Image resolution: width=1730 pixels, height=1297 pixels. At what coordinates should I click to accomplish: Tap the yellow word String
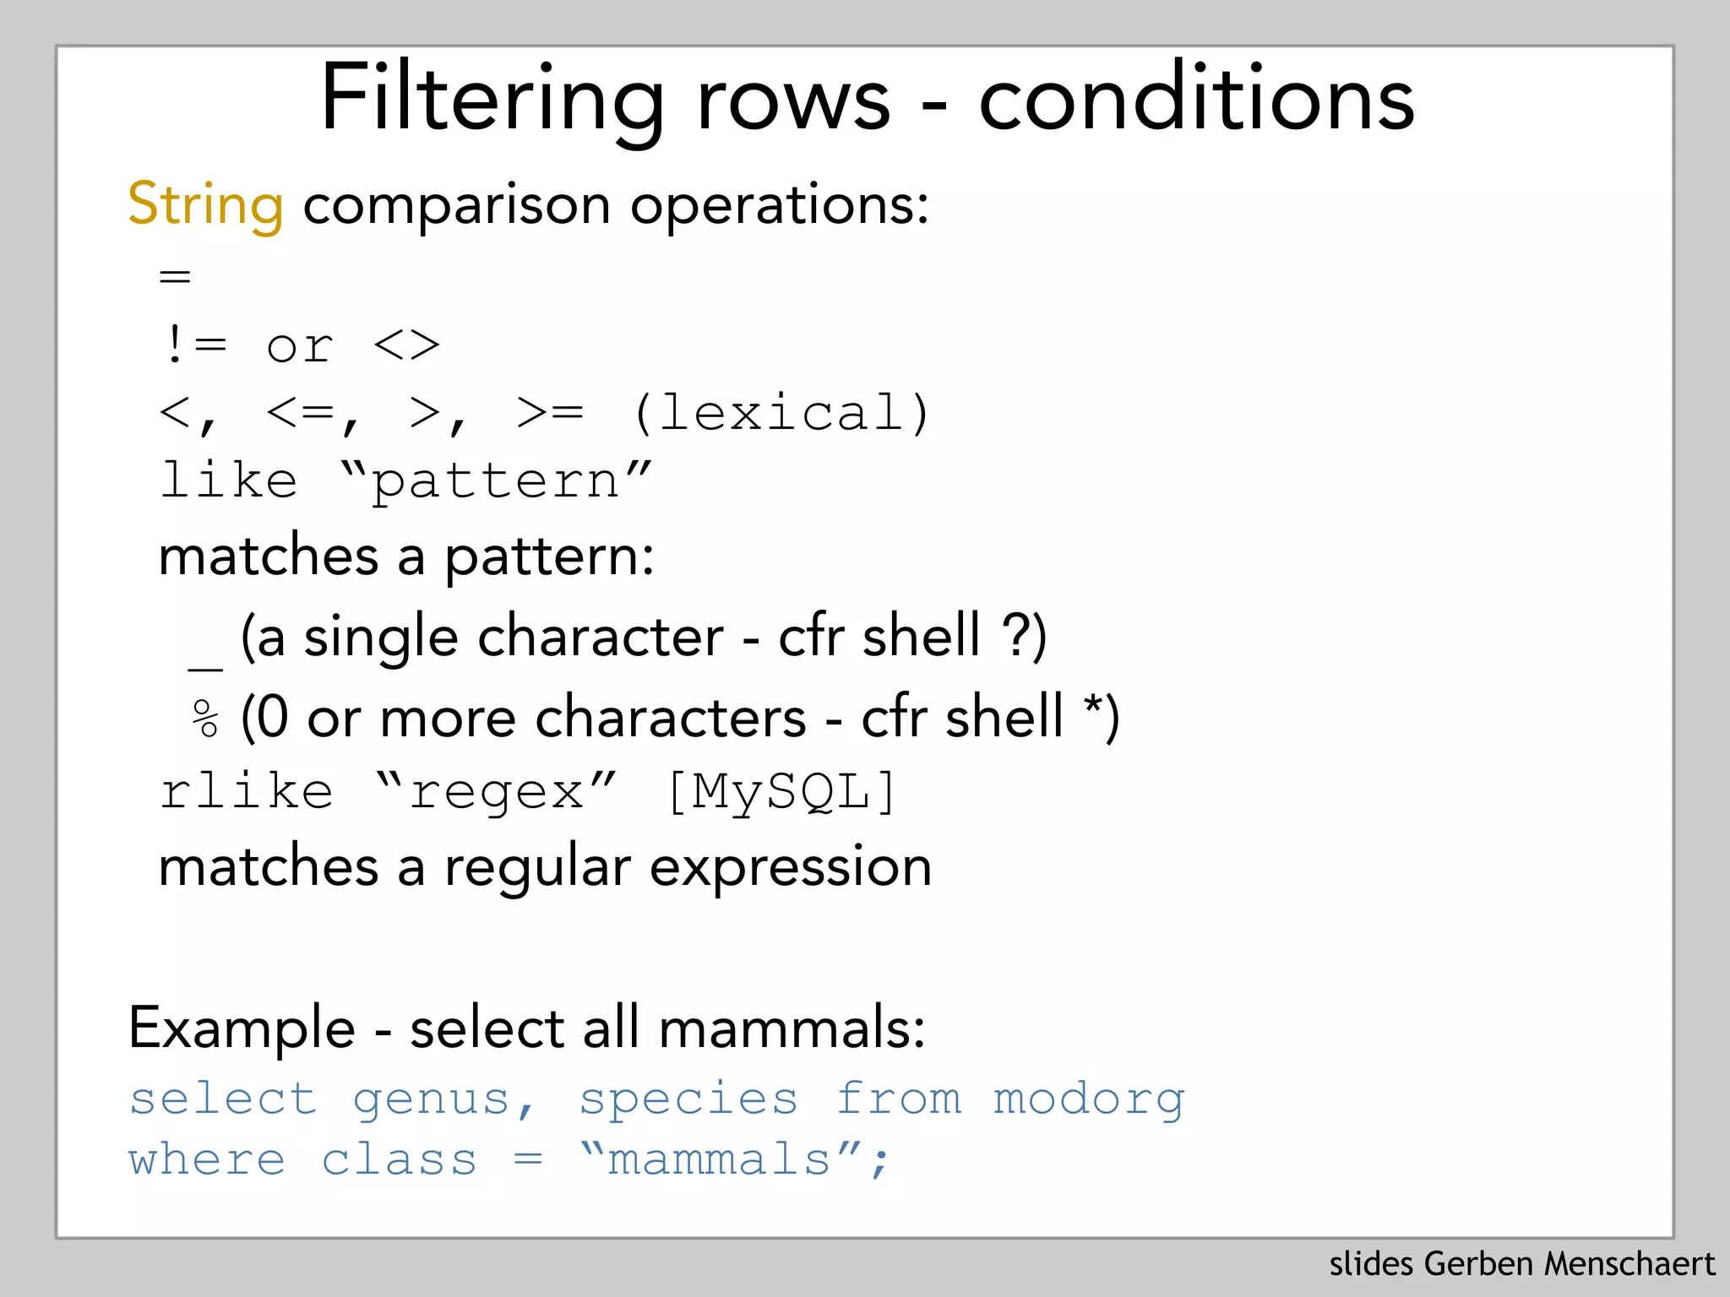205,205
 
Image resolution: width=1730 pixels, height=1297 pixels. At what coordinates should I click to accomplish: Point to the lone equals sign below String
176,276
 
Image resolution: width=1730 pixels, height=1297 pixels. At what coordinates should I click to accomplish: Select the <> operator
406,345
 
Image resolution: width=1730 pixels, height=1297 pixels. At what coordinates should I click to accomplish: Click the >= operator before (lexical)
550,413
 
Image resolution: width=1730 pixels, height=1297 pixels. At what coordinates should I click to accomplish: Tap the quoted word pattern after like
496,482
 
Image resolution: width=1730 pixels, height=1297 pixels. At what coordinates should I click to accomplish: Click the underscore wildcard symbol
205,667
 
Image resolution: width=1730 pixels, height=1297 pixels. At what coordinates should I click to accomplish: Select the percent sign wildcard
205,719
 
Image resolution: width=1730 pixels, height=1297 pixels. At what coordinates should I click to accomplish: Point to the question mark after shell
1014,635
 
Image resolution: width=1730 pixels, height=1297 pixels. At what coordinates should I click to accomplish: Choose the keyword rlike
247,792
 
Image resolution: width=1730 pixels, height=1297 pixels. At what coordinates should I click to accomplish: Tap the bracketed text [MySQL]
781,792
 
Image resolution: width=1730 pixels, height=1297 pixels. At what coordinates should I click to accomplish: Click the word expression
791,868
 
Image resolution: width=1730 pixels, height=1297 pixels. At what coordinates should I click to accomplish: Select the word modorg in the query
1089,1099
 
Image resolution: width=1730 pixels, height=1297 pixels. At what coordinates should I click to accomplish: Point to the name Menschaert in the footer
1629,1264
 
